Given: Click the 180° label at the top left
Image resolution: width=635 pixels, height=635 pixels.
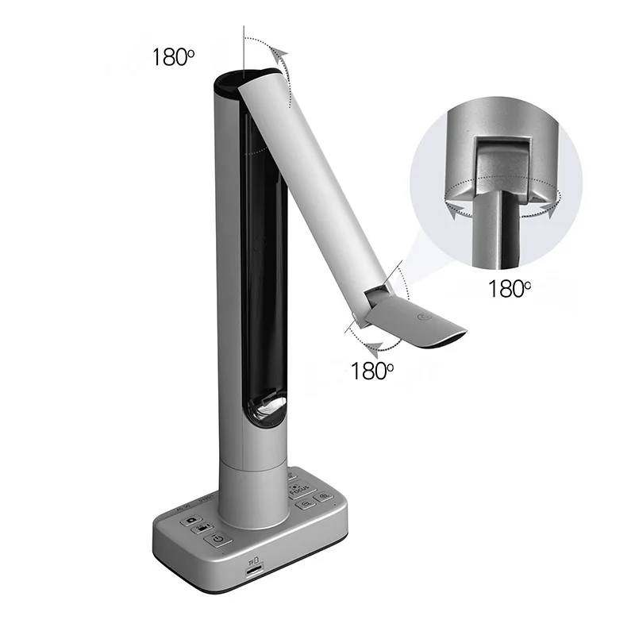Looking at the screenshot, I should (x=173, y=57).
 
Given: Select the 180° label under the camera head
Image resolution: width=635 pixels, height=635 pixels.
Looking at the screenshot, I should (x=372, y=370).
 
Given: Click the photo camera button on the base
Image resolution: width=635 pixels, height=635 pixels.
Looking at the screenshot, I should (x=192, y=521).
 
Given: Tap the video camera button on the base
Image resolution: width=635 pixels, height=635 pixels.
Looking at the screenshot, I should (x=203, y=529).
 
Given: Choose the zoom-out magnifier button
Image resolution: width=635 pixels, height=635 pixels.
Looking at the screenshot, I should (x=308, y=500).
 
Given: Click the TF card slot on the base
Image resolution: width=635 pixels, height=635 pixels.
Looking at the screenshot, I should (x=254, y=570).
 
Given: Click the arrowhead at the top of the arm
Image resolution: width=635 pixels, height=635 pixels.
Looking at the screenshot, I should (x=277, y=55).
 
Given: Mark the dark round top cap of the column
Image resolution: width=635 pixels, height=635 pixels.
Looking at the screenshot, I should (x=237, y=79).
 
